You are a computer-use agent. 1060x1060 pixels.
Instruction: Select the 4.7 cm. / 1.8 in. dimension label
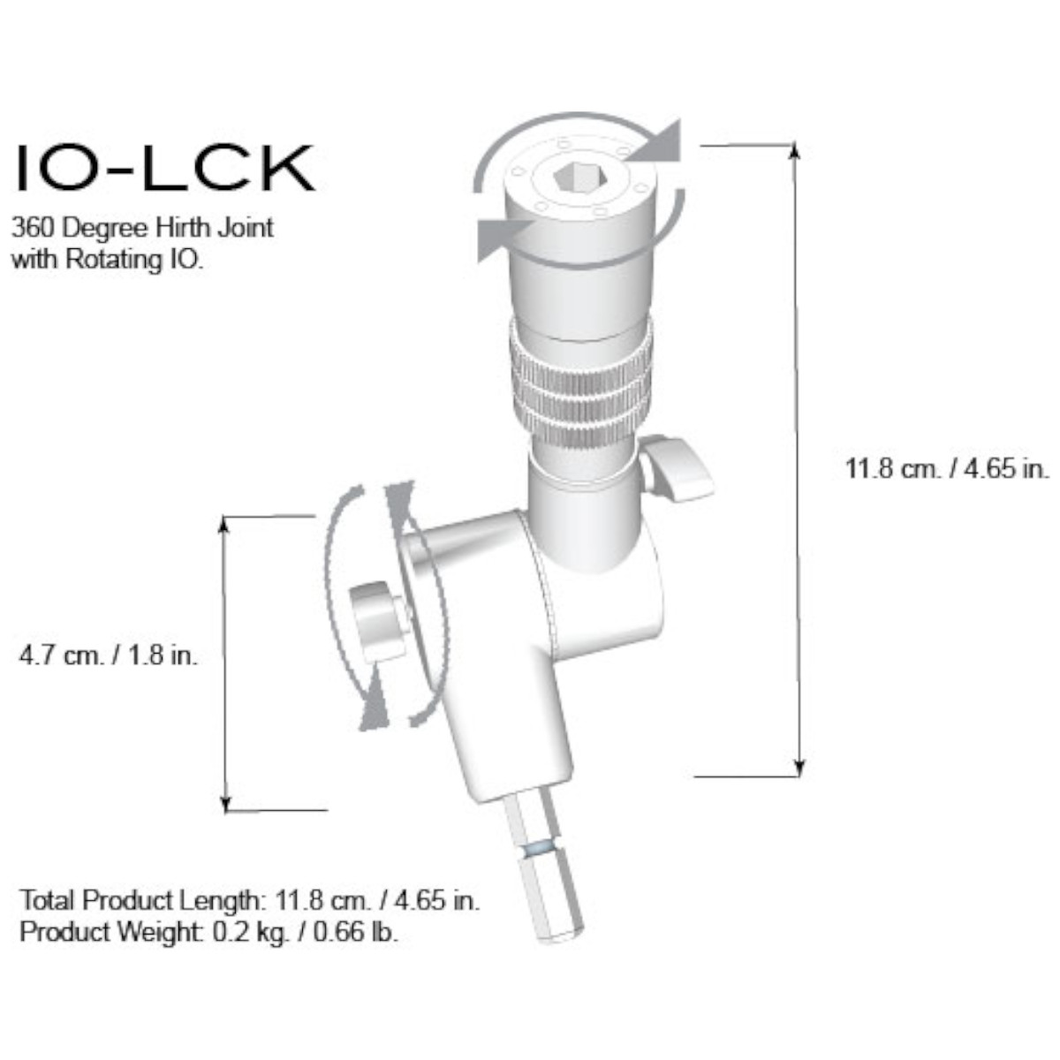(109, 656)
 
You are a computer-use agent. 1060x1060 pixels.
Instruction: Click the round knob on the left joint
(375, 621)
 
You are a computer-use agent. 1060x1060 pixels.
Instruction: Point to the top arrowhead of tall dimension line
(796, 149)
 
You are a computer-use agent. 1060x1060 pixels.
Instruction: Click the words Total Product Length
(141, 901)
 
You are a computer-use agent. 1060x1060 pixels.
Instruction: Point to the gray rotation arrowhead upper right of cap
(662, 141)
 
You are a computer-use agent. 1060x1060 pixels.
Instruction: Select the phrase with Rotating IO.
(108, 261)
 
